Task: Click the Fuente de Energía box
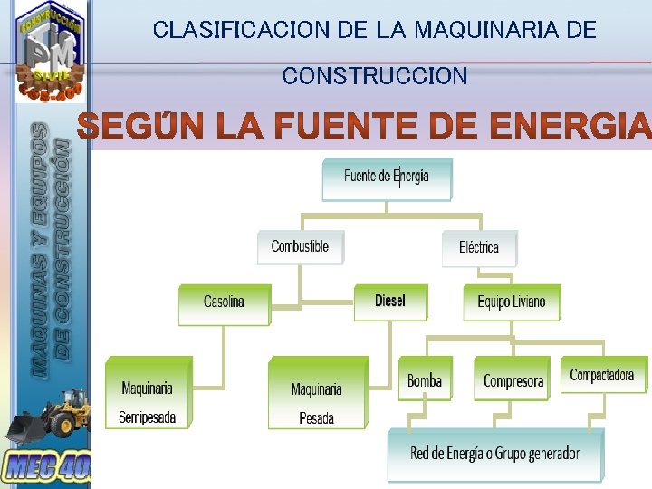tap(387, 178)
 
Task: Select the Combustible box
tap(300, 246)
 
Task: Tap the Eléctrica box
tap(478, 247)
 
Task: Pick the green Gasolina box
tap(224, 304)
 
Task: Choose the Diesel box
tap(390, 302)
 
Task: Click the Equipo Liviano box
tap(512, 302)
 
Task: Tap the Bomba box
tap(425, 380)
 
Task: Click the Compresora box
tap(513, 380)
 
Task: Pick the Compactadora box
tap(602, 375)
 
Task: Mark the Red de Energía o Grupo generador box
tap(494, 454)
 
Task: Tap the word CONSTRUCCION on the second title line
tap(375, 76)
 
